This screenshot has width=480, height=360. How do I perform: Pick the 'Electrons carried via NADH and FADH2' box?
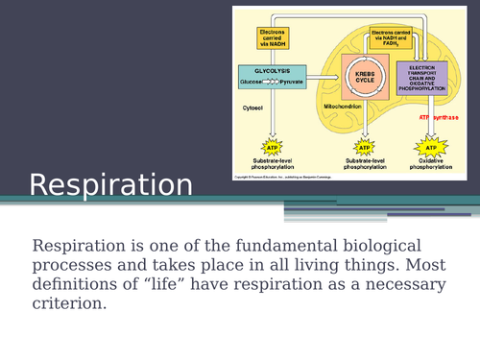click(x=396, y=37)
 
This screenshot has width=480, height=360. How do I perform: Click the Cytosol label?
click(x=252, y=109)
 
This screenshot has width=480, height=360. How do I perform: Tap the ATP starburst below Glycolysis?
click(x=272, y=147)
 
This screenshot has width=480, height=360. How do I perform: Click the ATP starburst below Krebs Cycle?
click(x=364, y=147)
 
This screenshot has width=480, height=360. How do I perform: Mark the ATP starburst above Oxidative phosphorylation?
click(x=430, y=147)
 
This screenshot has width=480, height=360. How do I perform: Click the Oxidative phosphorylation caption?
click(x=430, y=164)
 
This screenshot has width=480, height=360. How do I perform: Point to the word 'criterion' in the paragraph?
click(x=69, y=304)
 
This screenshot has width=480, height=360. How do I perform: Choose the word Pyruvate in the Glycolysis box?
click(x=292, y=83)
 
